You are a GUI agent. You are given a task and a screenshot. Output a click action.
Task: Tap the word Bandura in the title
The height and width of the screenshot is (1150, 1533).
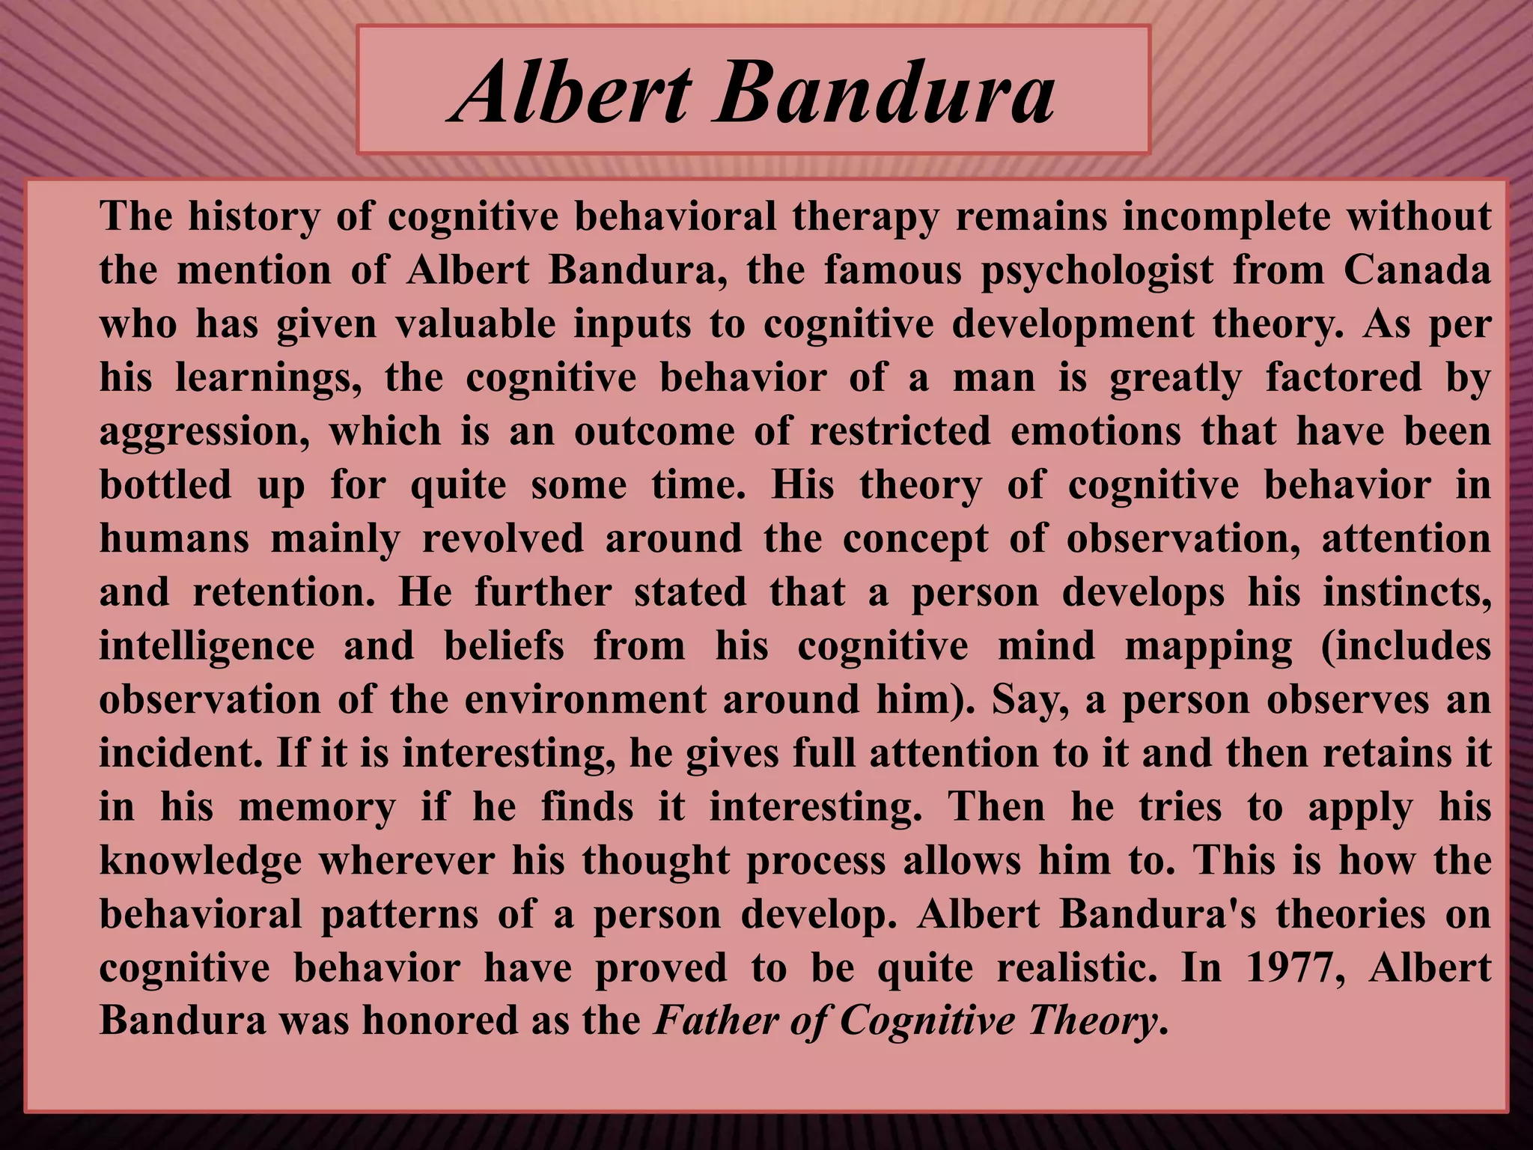pos(883,94)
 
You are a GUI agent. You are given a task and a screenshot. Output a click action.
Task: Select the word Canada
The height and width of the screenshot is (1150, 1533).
pos(1417,270)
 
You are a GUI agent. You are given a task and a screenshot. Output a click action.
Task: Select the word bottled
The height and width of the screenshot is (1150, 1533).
pos(165,484)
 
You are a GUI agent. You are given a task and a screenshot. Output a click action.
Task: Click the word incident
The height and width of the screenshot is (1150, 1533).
pos(180,753)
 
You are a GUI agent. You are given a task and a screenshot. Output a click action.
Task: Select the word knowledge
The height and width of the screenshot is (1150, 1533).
pos(200,861)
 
